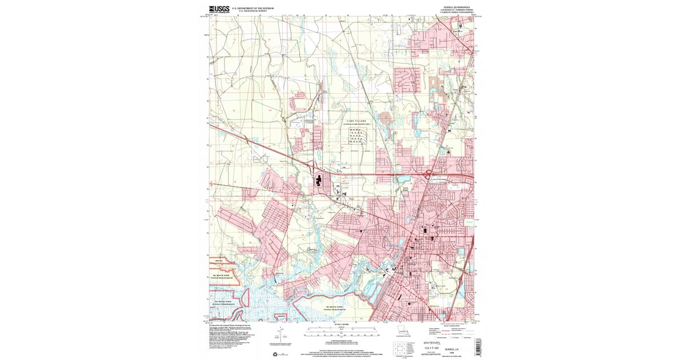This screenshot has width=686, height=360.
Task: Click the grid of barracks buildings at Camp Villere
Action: tap(357, 135)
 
